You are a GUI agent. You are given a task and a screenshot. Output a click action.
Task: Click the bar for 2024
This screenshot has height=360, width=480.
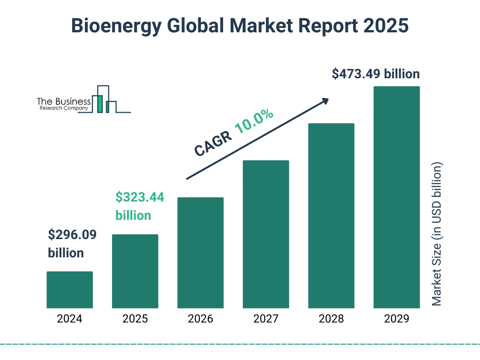click(69, 290)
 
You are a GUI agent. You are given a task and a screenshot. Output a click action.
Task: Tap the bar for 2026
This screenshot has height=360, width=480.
click(200, 253)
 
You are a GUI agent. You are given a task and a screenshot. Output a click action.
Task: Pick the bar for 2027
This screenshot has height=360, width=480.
click(266, 234)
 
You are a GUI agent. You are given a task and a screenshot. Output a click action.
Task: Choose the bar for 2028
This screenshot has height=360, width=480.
click(331, 216)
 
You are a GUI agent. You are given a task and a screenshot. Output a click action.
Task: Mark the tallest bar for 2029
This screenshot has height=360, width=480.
click(397, 197)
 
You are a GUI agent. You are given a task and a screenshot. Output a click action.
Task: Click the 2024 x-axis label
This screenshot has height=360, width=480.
click(69, 319)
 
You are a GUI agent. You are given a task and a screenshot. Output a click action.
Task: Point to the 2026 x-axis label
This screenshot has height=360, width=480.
click(200, 319)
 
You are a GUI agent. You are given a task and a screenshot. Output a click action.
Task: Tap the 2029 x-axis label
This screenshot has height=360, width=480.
click(397, 319)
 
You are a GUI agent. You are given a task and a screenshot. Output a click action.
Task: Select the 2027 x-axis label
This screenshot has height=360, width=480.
click(266, 319)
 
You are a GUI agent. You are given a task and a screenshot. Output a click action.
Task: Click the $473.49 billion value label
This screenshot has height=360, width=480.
click(375, 74)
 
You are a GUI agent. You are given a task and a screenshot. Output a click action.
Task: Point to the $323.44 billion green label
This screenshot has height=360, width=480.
click(140, 206)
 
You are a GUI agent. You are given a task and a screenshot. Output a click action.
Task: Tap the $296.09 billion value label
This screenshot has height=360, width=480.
click(72, 244)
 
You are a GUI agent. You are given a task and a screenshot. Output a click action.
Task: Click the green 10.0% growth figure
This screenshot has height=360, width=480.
click(254, 121)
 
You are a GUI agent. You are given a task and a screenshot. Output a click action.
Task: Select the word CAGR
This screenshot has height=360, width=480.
click(213, 143)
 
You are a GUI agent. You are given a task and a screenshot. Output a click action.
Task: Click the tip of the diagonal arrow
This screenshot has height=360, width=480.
click(328, 99)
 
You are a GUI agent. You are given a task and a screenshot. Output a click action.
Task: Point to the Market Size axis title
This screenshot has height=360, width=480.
click(437, 234)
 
